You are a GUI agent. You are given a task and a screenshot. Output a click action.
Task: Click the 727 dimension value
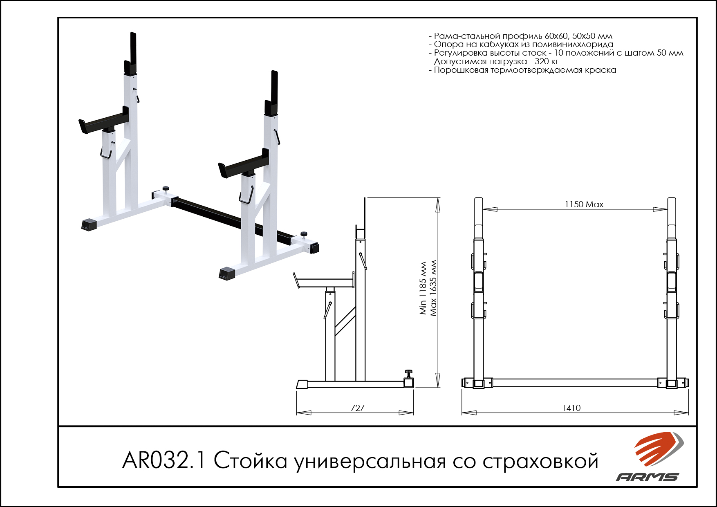point(357,408)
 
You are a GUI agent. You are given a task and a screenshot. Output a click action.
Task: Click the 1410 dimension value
point(571,408)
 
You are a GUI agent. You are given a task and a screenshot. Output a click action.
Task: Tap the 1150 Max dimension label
point(584,204)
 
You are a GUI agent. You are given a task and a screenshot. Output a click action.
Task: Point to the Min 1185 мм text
point(423,288)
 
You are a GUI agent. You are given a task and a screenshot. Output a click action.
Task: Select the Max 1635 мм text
point(433,288)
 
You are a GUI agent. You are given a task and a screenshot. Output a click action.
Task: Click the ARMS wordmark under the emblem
point(648,477)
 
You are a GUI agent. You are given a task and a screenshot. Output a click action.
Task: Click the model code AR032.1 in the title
point(164,460)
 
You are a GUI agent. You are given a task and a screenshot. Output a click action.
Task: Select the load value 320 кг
point(547,61)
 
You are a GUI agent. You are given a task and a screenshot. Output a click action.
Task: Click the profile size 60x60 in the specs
point(556,36)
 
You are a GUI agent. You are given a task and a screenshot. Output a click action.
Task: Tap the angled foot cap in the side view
point(302,384)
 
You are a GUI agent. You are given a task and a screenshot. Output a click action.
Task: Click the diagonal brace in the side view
point(345,321)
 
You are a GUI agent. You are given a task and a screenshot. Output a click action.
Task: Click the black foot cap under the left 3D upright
point(89,224)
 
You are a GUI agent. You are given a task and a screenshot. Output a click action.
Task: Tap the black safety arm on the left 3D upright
point(104,121)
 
